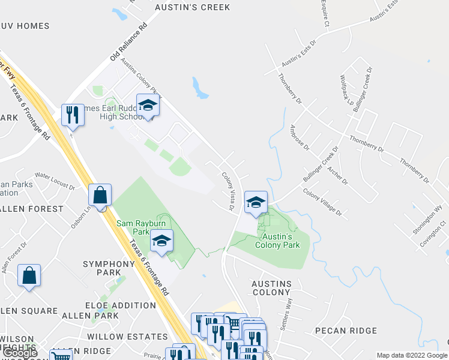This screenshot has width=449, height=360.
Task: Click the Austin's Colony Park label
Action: pos(277,240)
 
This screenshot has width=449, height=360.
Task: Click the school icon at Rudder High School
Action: pos(148,106)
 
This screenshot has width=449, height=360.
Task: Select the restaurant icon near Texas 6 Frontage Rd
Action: pos(73,114)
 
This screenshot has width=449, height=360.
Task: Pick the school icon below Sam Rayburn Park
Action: pos(161,241)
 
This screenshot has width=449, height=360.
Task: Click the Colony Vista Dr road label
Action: pos(228,191)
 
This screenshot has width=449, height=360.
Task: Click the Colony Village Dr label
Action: pos(322,202)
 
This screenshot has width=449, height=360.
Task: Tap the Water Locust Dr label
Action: pos(54,181)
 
